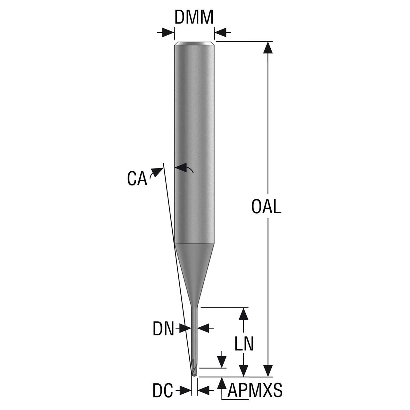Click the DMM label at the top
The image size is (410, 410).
[193, 17]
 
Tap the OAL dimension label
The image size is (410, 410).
[266, 207]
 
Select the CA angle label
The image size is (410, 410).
[137, 179]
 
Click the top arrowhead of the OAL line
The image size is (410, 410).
[268, 47]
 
